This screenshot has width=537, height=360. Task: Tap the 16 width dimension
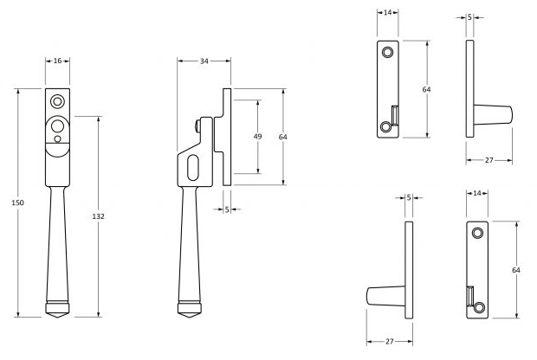tap(57, 62)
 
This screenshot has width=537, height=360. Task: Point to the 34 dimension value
tap(204, 62)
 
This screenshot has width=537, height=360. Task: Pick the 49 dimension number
tap(257, 137)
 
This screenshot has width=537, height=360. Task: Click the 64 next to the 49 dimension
tap(282, 137)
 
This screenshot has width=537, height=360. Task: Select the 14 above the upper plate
tap(387, 14)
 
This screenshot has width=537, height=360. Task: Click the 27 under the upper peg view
tap(488, 161)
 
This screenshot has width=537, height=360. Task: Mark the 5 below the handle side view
tap(227, 209)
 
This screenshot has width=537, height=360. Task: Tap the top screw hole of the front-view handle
tap(57, 98)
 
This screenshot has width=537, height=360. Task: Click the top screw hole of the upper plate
tap(387, 52)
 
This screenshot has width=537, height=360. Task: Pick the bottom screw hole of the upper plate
tap(386, 125)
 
